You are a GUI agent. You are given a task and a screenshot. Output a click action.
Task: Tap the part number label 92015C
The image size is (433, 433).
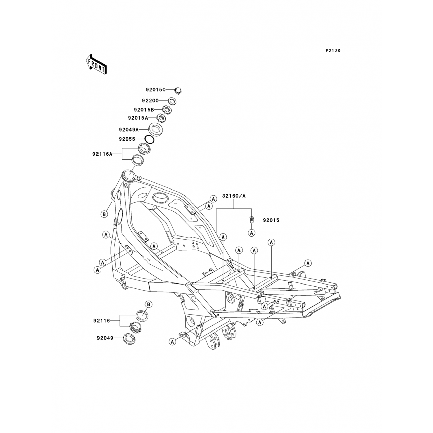[x=156, y=90]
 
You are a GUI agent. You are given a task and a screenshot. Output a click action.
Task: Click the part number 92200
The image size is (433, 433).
[x=150, y=101]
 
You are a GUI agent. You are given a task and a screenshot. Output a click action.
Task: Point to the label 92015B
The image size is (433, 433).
[x=144, y=110]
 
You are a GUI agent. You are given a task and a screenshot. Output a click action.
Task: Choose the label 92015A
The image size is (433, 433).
[x=138, y=118]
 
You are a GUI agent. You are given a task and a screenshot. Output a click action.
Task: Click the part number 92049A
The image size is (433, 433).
[x=129, y=130]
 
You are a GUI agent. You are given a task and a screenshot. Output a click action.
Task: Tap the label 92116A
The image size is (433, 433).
[x=102, y=154]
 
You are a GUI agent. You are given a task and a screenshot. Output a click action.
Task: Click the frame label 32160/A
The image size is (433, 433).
[x=234, y=196]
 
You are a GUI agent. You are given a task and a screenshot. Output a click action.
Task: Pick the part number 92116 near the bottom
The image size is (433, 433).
[x=102, y=321]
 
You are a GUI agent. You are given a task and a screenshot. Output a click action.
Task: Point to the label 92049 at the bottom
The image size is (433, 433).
[x=105, y=338]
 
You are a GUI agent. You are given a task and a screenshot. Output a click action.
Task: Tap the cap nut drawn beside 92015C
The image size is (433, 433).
[x=178, y=90]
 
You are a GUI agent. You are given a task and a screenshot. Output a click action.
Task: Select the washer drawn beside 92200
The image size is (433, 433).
[x=172, y=101]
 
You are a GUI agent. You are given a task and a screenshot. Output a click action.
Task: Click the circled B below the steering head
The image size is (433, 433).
[x=104, y=214]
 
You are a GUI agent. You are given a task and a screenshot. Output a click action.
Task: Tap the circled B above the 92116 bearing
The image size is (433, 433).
[x=148, y=304]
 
